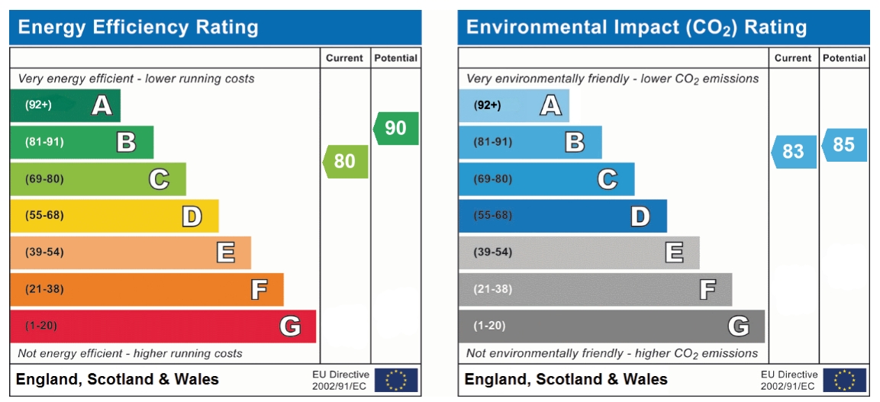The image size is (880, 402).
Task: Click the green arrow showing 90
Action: pos(396,128)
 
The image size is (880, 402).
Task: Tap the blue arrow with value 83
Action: pos(794,151)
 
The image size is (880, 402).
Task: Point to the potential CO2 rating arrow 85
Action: pos(844,144)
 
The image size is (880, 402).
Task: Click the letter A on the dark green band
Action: pos(102,105)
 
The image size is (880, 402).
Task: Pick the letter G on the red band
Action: pos(290,326)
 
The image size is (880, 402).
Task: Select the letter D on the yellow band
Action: pos(192,217)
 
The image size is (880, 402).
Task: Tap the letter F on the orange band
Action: pos(259,290)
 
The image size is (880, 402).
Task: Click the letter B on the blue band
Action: pos(575,142)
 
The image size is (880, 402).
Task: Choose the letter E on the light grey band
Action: pos(674,252)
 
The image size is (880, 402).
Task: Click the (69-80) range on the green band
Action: pos(44,179)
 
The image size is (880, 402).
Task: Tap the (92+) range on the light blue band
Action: pos(487,105)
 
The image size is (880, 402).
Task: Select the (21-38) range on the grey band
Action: pos(493,289)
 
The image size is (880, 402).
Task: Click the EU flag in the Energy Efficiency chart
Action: pos(396,379)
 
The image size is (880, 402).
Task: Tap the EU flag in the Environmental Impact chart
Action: pos(845,379)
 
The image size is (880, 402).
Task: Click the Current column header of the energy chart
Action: pos(345,58)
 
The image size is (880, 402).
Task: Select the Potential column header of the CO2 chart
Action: pos(844,58)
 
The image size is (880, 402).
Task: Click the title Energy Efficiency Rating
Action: pos(138,27)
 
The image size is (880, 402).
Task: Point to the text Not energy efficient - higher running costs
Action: pos(130,353)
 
